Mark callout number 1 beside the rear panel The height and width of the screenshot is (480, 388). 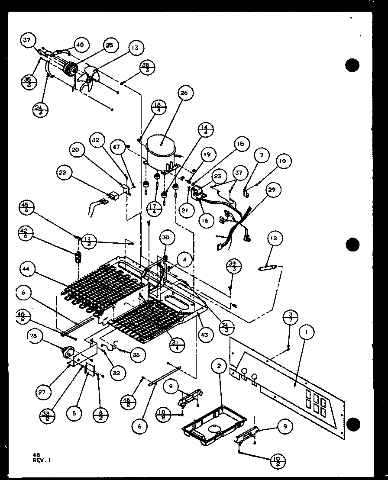click(307, 332)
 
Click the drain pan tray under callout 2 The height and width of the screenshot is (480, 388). click(214, 422)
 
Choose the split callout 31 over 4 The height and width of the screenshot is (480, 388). click(177, 345)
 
